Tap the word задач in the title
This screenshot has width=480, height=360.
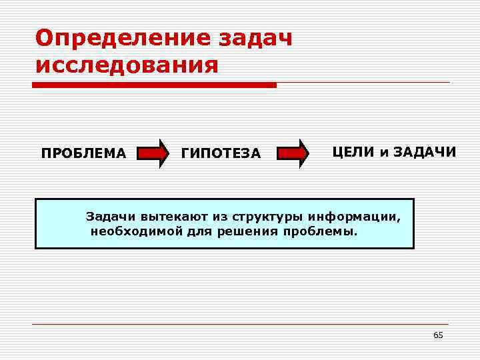click(x=255, y=37)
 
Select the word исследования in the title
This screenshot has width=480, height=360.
click(x=127, y=65)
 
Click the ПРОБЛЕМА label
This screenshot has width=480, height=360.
click(x=83, y=154)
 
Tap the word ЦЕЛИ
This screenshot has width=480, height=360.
click(x=354, y=152)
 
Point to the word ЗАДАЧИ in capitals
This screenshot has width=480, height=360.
click(x=425, y=152)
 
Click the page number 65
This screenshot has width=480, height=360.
click(x=438, y=335)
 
